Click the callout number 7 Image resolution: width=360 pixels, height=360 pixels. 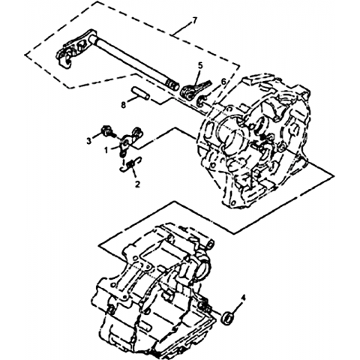click(193, 20)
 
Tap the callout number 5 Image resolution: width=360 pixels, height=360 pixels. click(201, 66)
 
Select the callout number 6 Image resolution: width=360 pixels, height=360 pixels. click(223, 82)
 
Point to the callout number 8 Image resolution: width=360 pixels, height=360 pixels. click(123, 105)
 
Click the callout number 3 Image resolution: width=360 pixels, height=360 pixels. click(89, 141)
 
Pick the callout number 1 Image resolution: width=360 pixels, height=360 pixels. click(106, 150)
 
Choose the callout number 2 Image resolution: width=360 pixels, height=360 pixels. click(137, 184)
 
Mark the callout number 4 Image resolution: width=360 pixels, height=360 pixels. click(244, 298)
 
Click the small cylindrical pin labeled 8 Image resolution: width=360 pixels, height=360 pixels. click(140, 93)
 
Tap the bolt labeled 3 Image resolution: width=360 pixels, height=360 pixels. click(107, 131)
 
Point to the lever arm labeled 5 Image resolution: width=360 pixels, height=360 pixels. click(195, 90)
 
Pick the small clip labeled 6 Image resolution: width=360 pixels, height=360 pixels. click(201, 100)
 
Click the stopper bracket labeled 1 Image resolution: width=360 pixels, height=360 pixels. click(130, 142)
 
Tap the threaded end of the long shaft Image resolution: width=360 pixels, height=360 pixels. click(172, 85)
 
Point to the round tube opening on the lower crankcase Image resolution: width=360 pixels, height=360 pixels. click(204, 268)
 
